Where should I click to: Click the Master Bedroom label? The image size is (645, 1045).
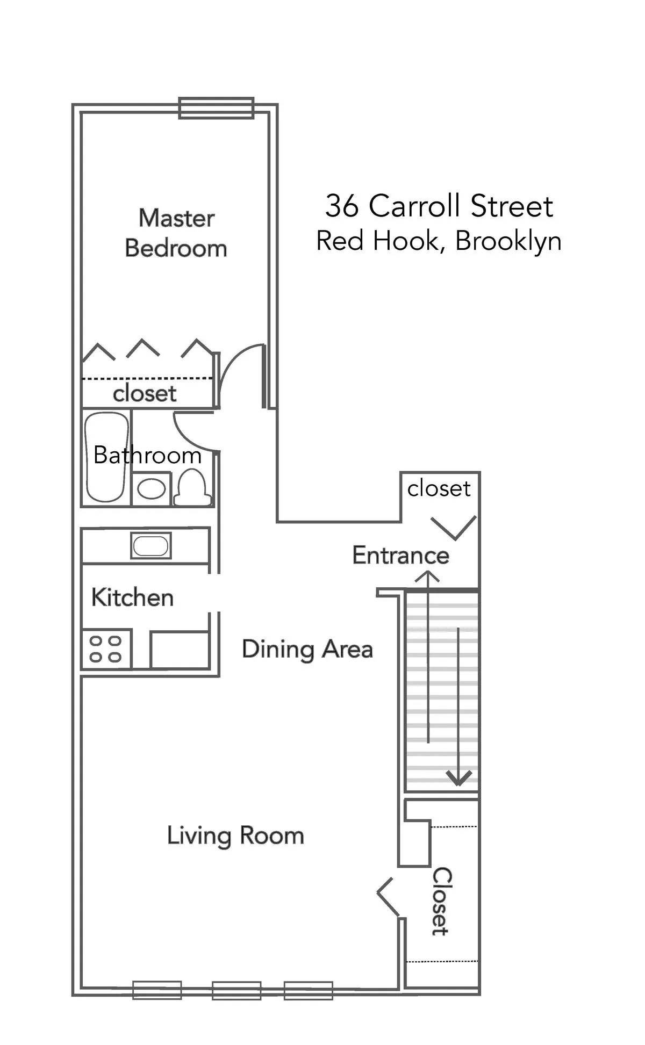pos(176,233)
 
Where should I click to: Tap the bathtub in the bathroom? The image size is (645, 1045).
pos(106,457)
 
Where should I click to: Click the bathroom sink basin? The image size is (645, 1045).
pos(151,489)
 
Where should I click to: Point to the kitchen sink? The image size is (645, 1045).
pos(151,546)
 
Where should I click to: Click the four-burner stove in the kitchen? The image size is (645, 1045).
pos(106,649)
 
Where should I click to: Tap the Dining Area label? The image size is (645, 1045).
pos(307,649)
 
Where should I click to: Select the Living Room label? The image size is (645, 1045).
pos(235,835)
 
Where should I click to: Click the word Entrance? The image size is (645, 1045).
pos(400,555)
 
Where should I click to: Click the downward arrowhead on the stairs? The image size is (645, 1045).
pos(458,778)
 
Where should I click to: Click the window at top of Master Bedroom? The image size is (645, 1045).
pos(216,107)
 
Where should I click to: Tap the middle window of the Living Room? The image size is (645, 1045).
pos(236,990)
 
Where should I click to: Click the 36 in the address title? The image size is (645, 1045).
pos(341,206)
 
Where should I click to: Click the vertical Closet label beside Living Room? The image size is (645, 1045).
pos(441,900)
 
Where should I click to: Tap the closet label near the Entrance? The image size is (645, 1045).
pos(439,488)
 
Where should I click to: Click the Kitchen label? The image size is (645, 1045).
pos(132,597)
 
